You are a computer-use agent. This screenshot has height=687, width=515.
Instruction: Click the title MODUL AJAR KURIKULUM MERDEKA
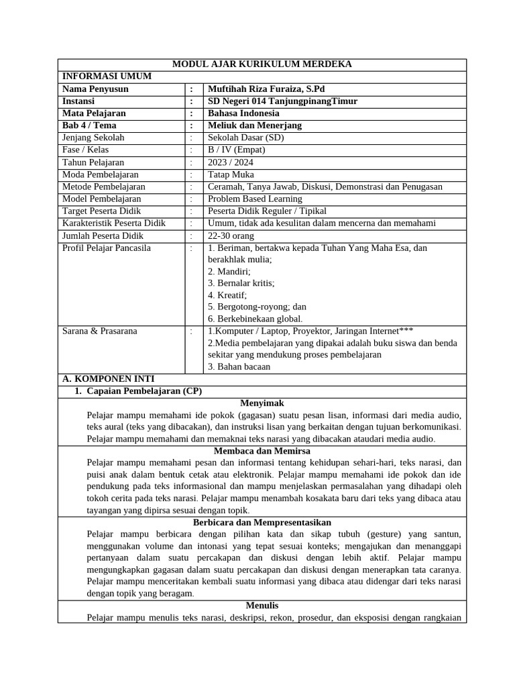coord(262,64)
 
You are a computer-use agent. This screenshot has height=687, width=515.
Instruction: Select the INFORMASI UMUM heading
coord(107,76)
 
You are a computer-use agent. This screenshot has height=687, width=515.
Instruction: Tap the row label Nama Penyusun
coord(95,89)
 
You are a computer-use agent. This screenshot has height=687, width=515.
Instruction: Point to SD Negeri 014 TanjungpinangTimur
coord(282,101)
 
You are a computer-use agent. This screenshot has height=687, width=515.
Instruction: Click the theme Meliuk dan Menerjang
coord(255,125)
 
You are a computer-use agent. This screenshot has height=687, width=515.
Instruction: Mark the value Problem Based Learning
coord(255,199)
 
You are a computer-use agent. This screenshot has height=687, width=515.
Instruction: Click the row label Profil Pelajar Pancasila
coord(107,248)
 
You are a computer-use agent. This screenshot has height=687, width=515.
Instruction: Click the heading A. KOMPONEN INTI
coord(108,379)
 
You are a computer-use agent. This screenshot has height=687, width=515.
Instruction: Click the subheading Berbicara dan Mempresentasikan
coord(262,522)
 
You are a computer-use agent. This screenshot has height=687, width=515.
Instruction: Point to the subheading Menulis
coord(262,605)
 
